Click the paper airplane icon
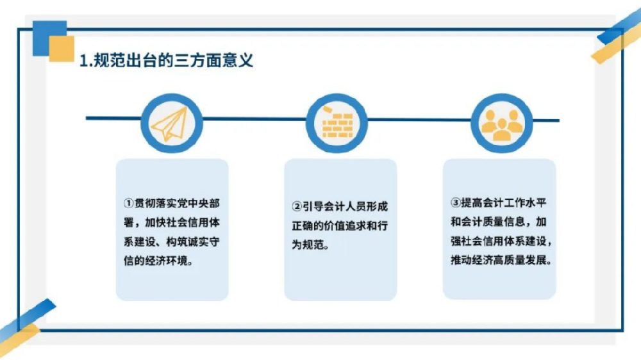pos(169,124)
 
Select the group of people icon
pos(502,125)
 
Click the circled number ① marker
pos(129,203)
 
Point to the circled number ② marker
pos(297,206)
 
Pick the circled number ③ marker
pos(456,202)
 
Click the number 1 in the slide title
pos(83,61)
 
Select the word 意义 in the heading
pos(238,61)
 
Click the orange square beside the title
pos(62,49)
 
